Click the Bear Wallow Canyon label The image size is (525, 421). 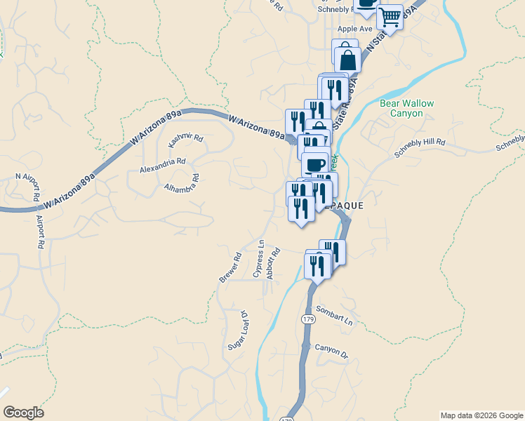pyautogui.click(x=406, y=108)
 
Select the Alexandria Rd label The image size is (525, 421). pyautogui.click(x=162, y=166)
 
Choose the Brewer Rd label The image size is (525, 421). pyautogui.click(x=230, y=268)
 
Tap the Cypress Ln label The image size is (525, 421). pyautogui.click(x=259, y=258)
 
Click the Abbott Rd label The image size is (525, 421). pyautogui.click(x=274, y=263)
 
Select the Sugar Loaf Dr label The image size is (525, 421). pyautogui.click(x=237, y=331)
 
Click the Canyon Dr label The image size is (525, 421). pyautogui.click(x=331, y=350)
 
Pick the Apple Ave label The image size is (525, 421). pyautogui.click(x=354, y=29)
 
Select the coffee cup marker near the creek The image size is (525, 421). pyautogui.click(x=316, y=165)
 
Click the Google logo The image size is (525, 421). pyautogui.click(x=23, y=413)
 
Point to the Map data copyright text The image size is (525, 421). pyautogui.click(x=481, y=415)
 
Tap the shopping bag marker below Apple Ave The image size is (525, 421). pyautogui.click(x=347, y=59)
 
